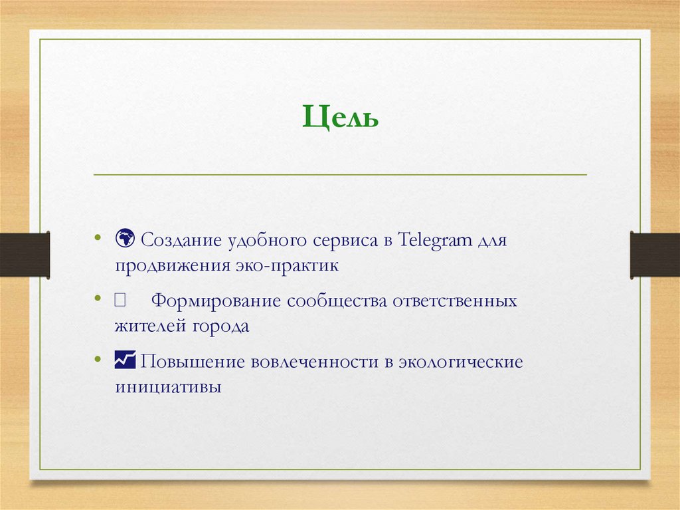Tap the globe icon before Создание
(x=124, y=237)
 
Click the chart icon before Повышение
(x=124, y=360)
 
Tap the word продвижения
(x=170, y=265)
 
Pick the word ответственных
(x=456, y=301)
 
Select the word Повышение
(x=192, y=362)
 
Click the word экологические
(x=460, y=362)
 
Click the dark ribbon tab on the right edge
(x=655, y=254)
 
